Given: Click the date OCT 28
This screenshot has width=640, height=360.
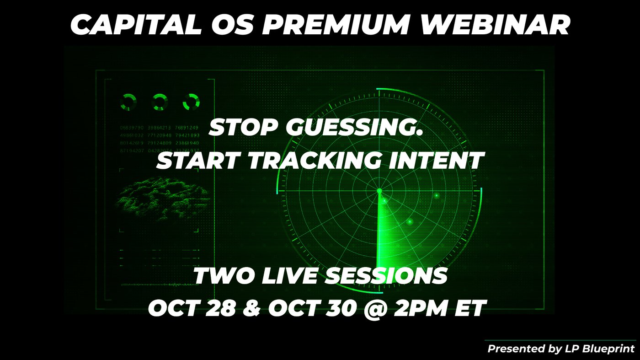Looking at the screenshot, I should [x=192, y=309].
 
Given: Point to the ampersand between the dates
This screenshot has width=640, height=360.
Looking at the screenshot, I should [x=252, y=309].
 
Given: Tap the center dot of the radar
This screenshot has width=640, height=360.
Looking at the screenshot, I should [x=379, y=190].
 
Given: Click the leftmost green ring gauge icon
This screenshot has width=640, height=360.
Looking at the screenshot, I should [x=128, y=102].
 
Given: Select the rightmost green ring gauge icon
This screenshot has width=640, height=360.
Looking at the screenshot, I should [x=191, y=102].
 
